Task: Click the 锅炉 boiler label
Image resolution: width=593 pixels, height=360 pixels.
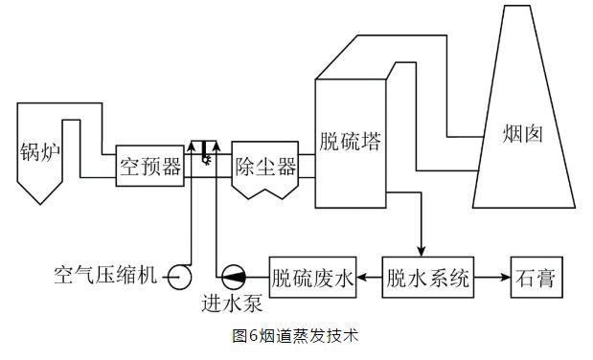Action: point(39,152)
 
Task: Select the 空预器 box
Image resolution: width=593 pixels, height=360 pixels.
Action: point(150,166)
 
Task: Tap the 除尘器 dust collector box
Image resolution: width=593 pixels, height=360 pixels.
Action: point(265,169)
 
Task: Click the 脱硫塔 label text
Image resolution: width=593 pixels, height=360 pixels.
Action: point(350,142)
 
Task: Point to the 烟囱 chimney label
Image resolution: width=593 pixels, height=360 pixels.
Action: point(523,134)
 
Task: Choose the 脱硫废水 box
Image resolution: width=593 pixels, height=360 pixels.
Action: point(312,278)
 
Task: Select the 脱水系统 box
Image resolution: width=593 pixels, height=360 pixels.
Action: point(427,278)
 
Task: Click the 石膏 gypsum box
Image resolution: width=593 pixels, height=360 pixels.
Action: point(536,278)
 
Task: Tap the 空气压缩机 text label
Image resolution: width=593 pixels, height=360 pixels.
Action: point(105,275)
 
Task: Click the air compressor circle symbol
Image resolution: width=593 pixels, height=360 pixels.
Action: point(180,278)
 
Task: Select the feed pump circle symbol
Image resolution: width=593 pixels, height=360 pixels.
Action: point(234,278)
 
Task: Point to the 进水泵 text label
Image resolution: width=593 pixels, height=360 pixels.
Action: point(232,303)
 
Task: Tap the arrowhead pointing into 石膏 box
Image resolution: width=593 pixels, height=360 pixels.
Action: point(506,278)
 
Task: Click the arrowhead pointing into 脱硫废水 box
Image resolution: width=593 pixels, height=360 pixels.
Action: point(362,278)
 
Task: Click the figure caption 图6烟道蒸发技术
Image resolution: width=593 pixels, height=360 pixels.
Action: point(295,336)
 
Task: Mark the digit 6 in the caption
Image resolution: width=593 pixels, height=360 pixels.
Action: point(253,336)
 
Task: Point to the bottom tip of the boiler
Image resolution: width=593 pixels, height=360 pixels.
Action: point(40,204)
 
